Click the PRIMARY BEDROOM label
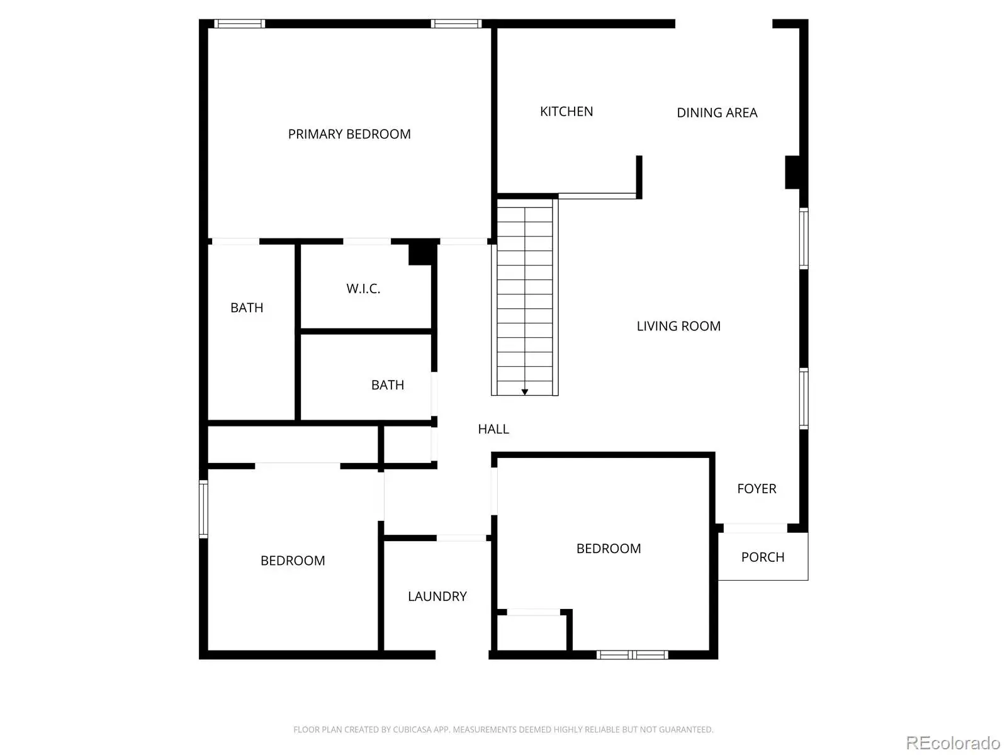tap(349, 134)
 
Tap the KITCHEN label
tap(566, 111)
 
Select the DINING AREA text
tap(717, 113)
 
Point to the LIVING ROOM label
tap(678, 326)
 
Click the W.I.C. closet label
tap(363, 289)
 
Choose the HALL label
tap(493, 429)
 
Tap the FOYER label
tap(757, 489)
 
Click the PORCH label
tap(762, 557)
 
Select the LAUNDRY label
tap(437, 596)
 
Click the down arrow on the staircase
tap(524, 392)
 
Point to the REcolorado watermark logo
tap(953, 742)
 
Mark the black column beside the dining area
tap(793, 172)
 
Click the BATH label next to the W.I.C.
tap(246, 308)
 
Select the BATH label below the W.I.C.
tap(387, 385)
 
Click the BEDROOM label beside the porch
tap(609, 549)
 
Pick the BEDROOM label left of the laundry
tap(292, 561)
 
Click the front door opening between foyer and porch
tap(755, 528)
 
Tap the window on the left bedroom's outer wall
tap(203, 509)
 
